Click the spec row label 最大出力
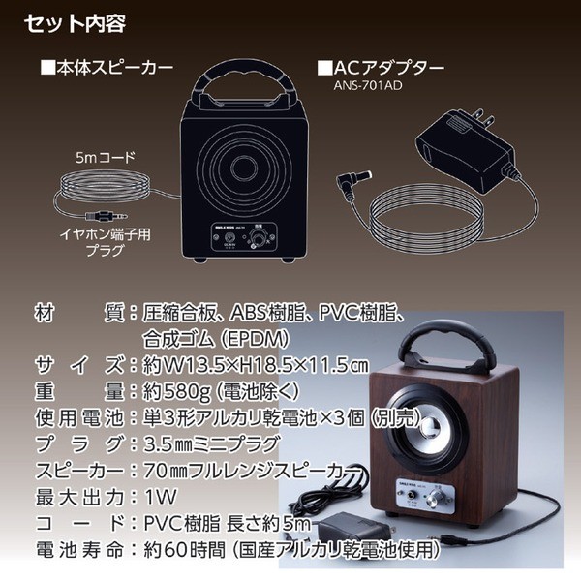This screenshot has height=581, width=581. pyautogui.click(x=74, y=499)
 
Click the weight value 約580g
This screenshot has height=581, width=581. pyautogui.click(x=168, y=391)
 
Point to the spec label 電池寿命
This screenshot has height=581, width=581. pyautogui.click(x=74, y=548)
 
